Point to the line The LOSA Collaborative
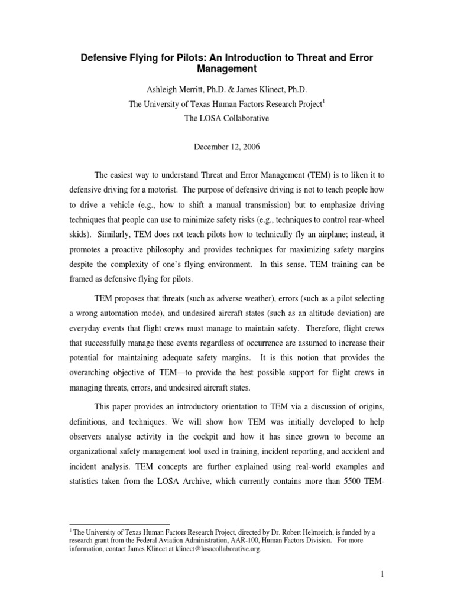click(226, 118)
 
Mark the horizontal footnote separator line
click(119, 524)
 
